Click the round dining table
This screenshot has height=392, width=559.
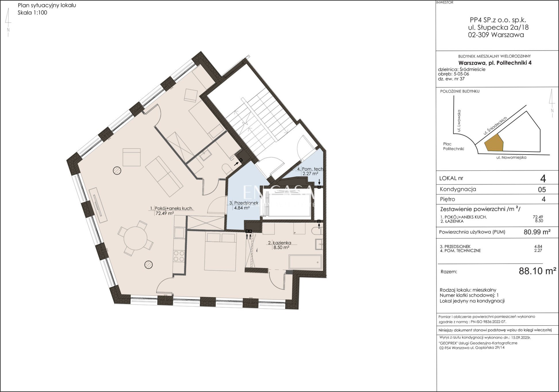point(135,238)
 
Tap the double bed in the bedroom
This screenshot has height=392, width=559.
point(220,252)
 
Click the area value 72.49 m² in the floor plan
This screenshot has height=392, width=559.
point(165,213)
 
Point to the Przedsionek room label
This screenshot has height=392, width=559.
point(244,203)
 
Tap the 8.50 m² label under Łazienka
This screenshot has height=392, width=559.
point(281,247)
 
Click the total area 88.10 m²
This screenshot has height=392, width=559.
point(537,271)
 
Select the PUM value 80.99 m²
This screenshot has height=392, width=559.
point(537,232)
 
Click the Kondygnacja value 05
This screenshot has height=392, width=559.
point(542,190)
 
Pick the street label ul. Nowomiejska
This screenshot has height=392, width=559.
point(511,157)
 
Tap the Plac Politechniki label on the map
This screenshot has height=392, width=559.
point(453,146)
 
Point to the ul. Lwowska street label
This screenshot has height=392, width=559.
point(459,121)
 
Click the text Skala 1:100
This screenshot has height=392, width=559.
point(32,13)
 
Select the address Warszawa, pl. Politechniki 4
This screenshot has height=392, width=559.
point(495,63)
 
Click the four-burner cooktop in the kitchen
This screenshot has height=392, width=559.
point(179,256)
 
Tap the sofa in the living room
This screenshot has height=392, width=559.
point(164,176)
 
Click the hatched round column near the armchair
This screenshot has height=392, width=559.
point(117,171)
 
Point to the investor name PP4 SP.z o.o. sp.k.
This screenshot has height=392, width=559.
point(498,20)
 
